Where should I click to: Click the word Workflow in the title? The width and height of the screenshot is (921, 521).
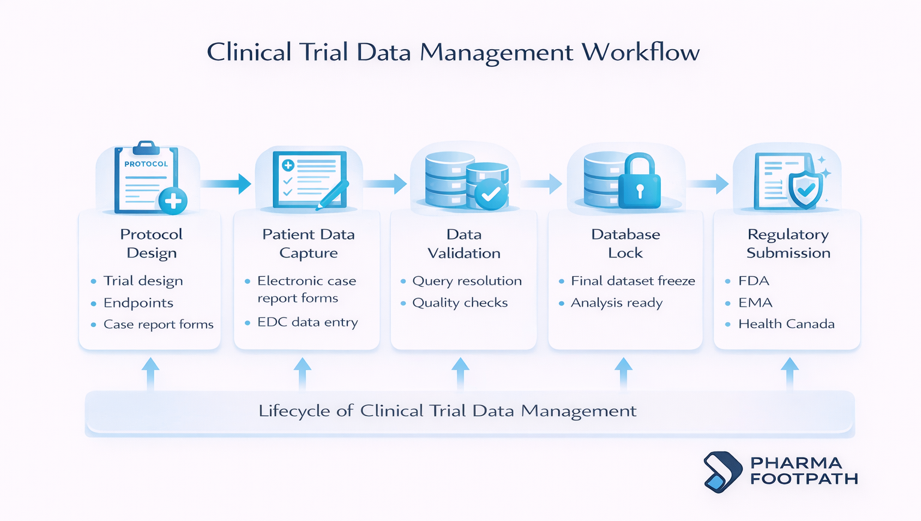coord(640,53)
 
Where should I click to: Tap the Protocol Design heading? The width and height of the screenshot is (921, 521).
coord(151,243)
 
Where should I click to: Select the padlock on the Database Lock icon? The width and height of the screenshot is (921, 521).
coord(639,183)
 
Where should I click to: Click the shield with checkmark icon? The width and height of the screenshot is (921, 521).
coord(805,189)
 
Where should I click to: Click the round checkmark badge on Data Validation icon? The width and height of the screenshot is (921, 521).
coord(491,193)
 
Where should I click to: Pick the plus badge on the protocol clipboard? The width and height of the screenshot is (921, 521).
coord(173,201)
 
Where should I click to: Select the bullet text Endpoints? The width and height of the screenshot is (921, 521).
coord(138,303)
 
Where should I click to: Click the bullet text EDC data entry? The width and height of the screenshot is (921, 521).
coord(307,322)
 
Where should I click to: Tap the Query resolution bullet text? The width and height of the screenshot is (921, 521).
coord(466,281)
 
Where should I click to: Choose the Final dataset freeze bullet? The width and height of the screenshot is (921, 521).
coord(633,281)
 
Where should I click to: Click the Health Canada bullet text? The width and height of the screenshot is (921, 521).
coord(786,324)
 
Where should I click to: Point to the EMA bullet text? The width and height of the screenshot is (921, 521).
coord(755,303)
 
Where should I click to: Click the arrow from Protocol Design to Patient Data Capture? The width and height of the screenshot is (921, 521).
coord(226,183)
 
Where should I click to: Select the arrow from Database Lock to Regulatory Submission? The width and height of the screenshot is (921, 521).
coord(708,183)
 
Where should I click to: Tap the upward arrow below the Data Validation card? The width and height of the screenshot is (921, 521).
coord(460,372)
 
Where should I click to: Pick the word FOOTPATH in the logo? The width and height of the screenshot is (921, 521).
coord(804,479)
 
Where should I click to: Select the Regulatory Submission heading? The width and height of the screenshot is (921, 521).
coord(788,243)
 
